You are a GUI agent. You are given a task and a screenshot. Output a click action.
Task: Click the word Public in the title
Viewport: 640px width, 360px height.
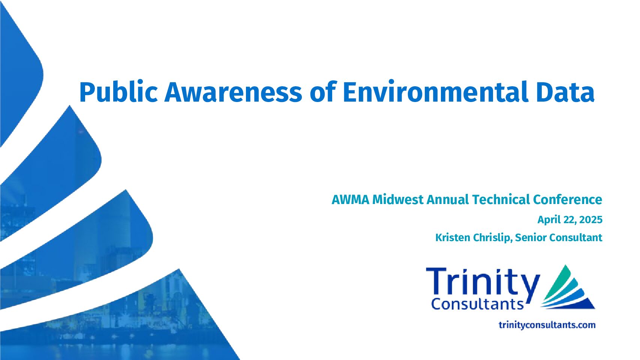pos(118,92)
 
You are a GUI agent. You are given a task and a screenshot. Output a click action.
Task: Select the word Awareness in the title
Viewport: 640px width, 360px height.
pos(233,92)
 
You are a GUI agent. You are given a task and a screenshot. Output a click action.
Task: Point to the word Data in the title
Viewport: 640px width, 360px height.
pos(565,92)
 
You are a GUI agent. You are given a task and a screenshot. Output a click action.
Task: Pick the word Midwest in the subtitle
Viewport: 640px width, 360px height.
pos(398,200)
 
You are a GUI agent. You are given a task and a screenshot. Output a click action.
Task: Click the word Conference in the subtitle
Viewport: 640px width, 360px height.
pos(568,199)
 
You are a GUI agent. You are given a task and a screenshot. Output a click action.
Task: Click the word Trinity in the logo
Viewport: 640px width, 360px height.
pos(483,283)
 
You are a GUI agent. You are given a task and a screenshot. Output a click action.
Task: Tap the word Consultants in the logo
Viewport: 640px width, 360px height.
pos(477,304)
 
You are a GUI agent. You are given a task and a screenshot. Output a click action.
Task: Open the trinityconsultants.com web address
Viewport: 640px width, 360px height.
pos(547,325)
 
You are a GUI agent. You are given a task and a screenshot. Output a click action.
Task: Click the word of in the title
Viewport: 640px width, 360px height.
pos(322,92)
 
